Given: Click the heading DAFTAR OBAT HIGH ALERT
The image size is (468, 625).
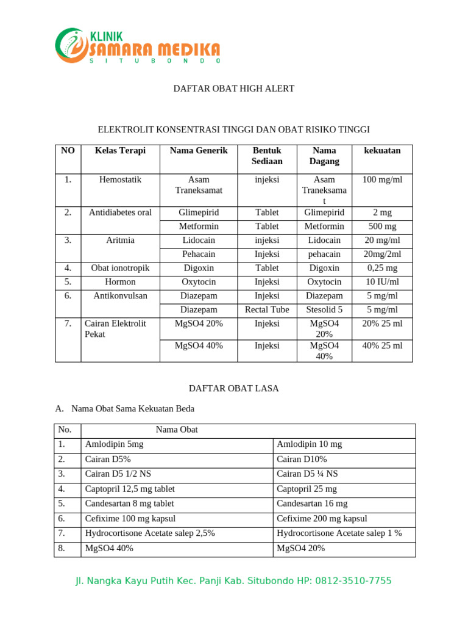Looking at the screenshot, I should (x=234, y=89).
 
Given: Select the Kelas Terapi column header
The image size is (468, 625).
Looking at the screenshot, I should (x=120, y=151).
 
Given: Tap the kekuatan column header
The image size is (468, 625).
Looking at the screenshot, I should (x=382, y=151).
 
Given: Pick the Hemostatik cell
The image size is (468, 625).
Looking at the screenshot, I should (x=120, y=180).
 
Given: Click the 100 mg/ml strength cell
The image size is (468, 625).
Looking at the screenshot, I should (x=382, y=180).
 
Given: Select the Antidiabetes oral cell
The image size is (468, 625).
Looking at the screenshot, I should (x=120, y=212).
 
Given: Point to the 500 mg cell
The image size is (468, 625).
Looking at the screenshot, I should (x=382, y=226).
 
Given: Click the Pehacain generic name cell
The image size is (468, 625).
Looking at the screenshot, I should (x=199, y=255).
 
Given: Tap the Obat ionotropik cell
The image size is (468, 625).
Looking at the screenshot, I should (x=120, y=268).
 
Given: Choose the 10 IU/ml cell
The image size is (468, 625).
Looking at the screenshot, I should (x=382, y=282).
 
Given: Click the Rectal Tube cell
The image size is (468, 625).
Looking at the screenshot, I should (x=267, y=310).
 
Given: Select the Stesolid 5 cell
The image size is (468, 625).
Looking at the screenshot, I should (x=324, y=310).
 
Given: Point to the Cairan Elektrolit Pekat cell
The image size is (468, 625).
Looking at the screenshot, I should (x=115, y=329).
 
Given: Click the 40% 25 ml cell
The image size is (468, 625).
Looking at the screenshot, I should (x=382, y=345).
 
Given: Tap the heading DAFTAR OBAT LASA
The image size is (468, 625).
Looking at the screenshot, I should (x=234, y=389).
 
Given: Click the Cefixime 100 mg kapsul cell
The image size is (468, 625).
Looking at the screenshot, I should (x=130, y=519).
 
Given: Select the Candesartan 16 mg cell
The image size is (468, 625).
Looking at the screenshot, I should (x=312, y=504).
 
